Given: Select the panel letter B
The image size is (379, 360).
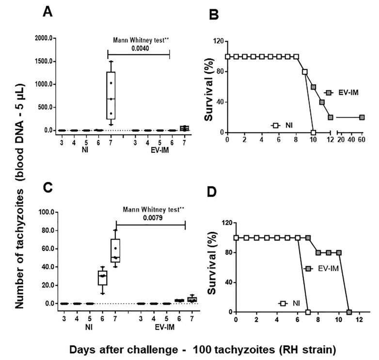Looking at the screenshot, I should point(214,16).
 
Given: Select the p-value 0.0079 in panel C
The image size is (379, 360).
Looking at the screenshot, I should point(150,218).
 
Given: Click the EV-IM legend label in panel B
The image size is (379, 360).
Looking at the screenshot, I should point(348,93).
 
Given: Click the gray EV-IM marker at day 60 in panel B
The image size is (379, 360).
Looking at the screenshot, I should point(362,117).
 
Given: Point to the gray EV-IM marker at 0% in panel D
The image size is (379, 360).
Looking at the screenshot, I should point(349,312).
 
